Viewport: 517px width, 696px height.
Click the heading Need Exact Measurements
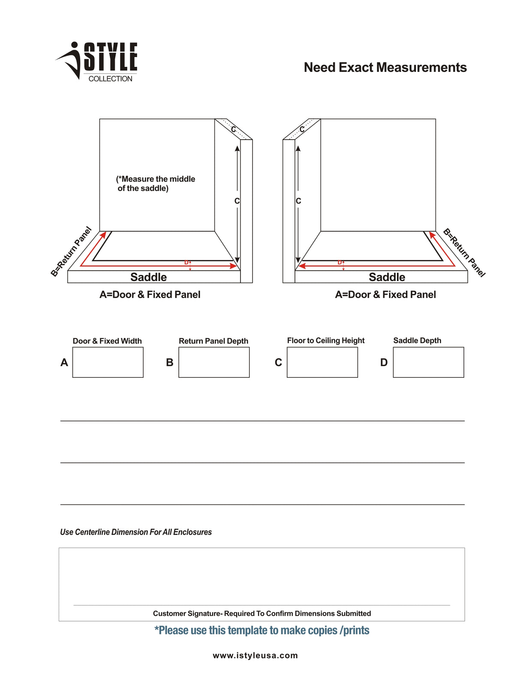385,67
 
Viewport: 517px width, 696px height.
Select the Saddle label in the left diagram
148,277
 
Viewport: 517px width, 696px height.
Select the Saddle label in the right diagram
387,277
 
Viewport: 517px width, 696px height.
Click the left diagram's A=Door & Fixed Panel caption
150,295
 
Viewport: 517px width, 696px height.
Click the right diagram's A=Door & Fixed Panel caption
385,295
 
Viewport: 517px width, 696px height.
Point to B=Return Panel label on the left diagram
71,252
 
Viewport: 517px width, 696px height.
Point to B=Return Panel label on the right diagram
464,253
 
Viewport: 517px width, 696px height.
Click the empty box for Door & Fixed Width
108,362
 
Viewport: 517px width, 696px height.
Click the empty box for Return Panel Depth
214,362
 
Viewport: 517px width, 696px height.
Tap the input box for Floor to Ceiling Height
322,362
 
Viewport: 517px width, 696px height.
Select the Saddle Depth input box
428,362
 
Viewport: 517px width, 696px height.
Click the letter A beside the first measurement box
64,363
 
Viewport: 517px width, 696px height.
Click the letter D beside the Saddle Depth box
384,363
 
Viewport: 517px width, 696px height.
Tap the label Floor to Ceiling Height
325,341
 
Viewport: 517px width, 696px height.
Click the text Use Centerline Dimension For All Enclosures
135,532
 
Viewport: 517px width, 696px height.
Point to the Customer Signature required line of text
262,613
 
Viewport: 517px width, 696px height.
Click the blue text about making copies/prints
262,630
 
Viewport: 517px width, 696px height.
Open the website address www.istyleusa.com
255,655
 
